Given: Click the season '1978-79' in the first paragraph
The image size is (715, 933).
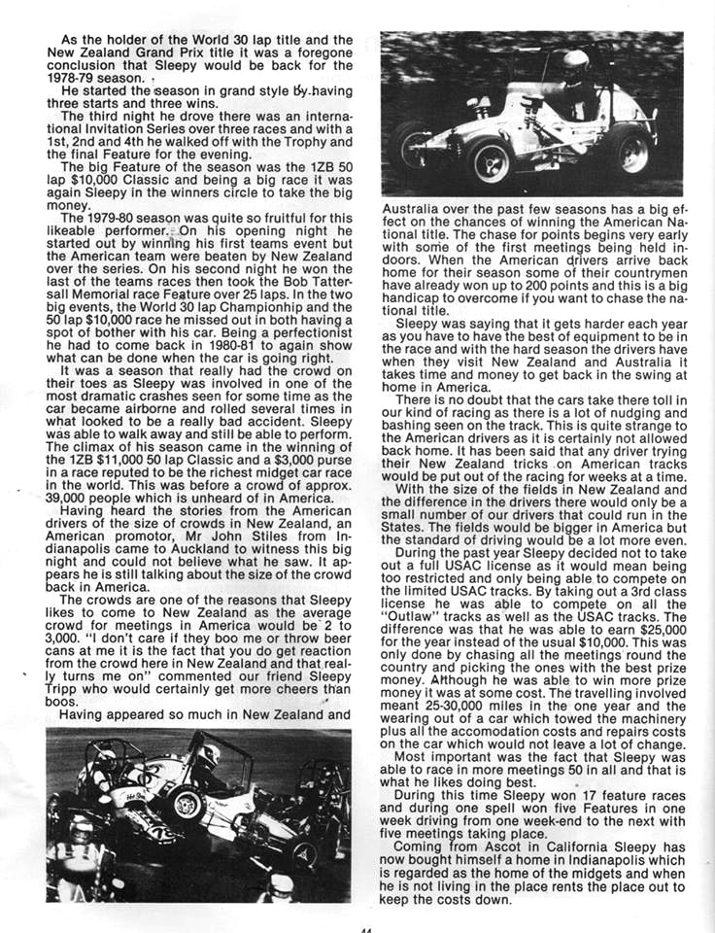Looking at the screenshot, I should coord(82,78).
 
